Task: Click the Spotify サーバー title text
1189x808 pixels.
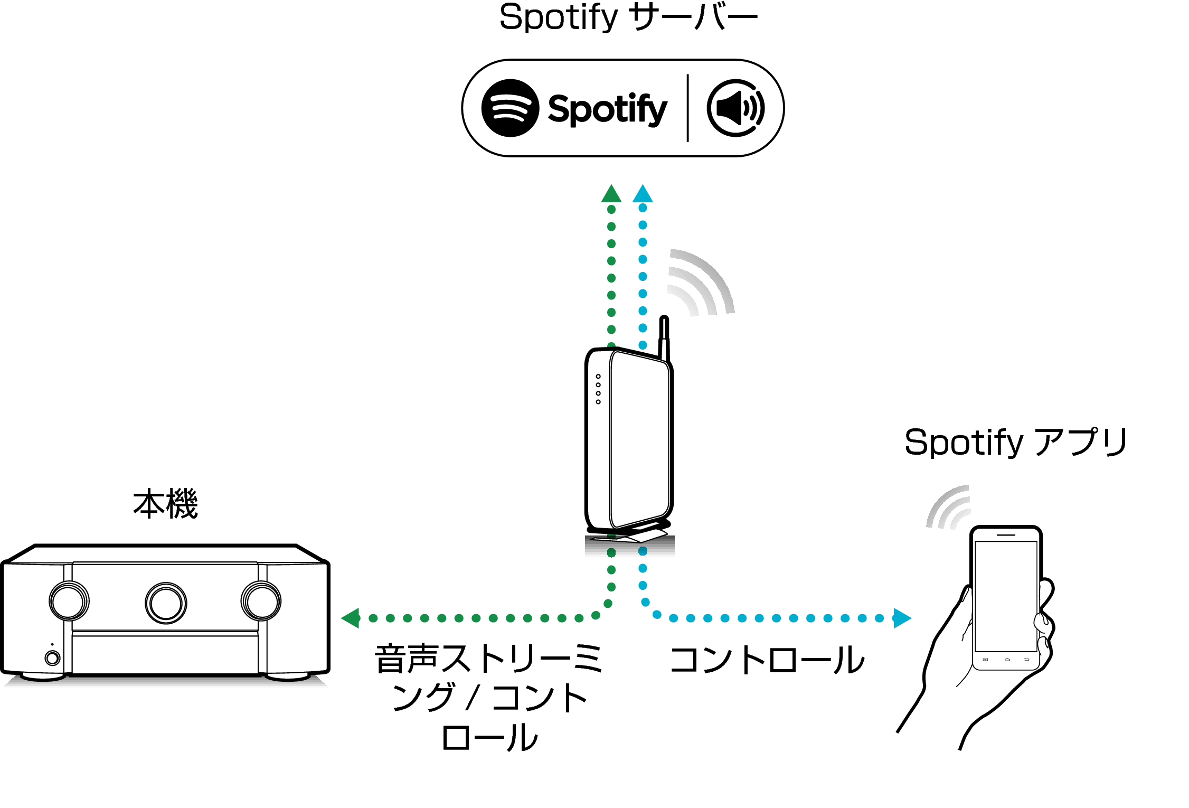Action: tap(628, 17)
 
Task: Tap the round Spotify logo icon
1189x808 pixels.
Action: tap(510, 108)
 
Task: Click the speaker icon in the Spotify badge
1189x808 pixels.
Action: tap(735, 108)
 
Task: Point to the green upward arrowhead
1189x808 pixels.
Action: tap(611, 194)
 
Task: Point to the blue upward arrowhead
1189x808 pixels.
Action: tap(643, 194)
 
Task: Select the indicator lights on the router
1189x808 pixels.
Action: tap(598, 389)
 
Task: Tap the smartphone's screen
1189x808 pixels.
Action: tap(1006, 596)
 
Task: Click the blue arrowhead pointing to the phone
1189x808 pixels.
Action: tap(902, 618)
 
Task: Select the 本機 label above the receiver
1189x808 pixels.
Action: tap(165, 504)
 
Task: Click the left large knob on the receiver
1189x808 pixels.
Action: tap(69, 601)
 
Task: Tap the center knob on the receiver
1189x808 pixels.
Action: tap(166, 603)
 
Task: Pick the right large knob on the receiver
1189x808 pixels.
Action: tap(261, 601)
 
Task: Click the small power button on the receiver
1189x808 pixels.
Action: tap(52, 658)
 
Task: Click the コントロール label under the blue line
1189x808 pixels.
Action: tap(766, 660)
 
